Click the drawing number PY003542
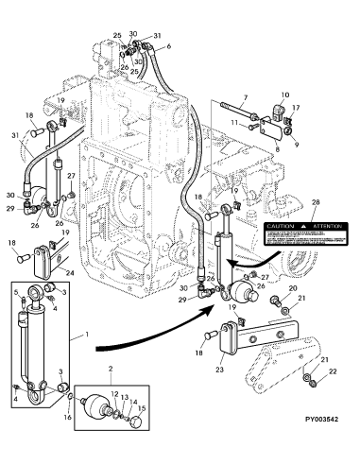323,454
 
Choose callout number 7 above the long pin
244,97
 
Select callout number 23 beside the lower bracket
219,371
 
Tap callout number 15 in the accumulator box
141,408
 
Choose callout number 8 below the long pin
276,138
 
